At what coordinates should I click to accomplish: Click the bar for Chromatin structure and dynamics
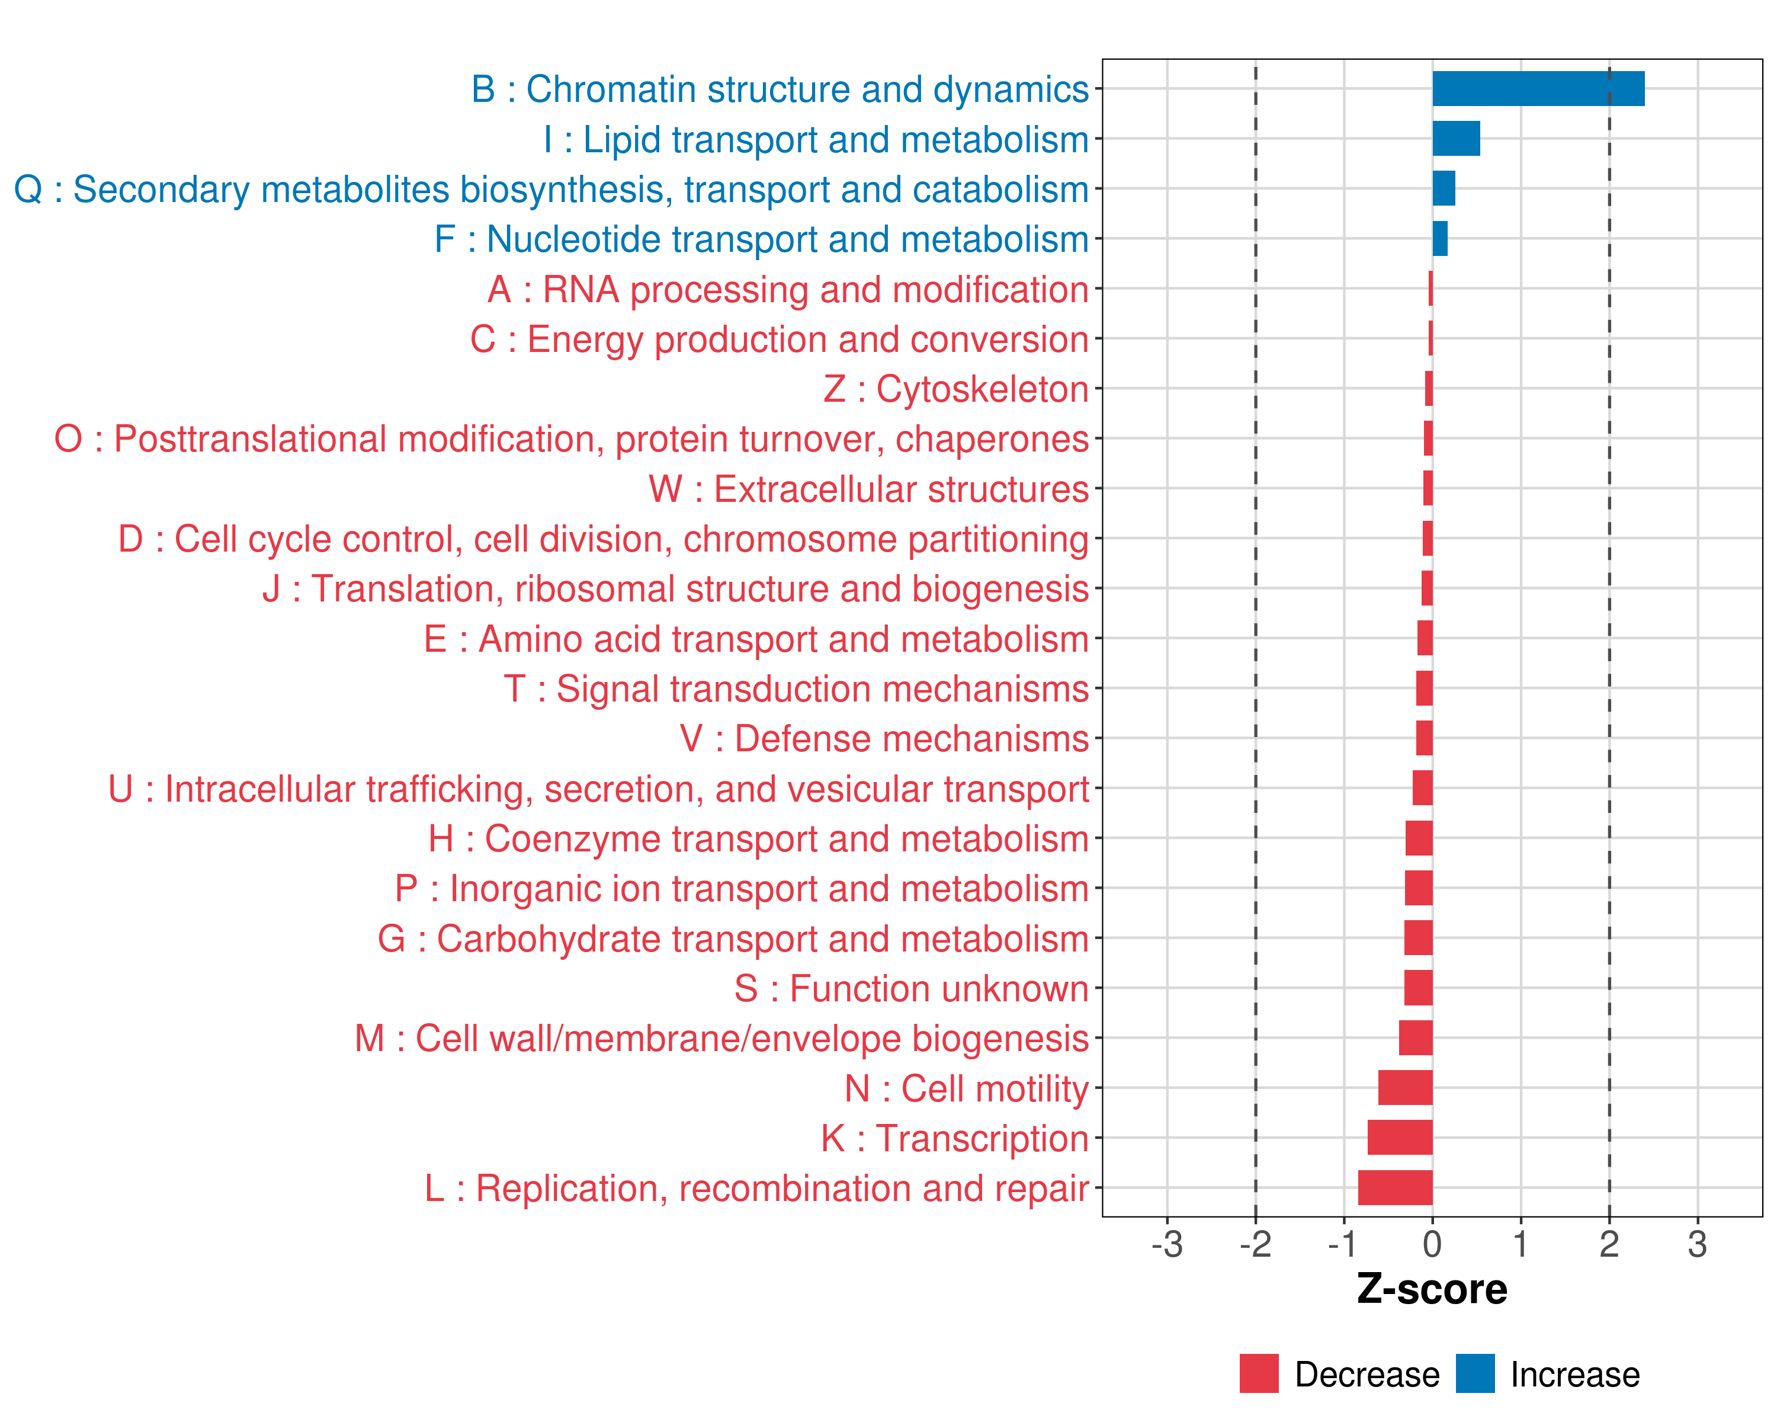1538,89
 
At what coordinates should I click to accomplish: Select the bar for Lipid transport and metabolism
1455,139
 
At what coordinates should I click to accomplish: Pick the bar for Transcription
1400,1138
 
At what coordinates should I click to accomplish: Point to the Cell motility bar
1404,1088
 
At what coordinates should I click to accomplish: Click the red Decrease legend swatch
1259,1373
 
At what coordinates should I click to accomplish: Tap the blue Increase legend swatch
1474,1373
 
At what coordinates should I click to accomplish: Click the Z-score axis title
1432,1289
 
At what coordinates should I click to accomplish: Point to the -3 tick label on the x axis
1167,1244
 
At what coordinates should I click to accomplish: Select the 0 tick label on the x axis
1432,1244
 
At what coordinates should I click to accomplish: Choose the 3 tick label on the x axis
1697,1244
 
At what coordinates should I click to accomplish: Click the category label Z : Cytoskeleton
955,389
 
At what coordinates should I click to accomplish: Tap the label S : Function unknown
911,988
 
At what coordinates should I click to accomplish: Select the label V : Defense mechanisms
884,739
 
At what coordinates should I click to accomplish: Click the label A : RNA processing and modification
788,289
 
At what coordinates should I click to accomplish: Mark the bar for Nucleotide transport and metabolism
1440,239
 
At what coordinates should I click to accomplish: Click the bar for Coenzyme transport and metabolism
1419,838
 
